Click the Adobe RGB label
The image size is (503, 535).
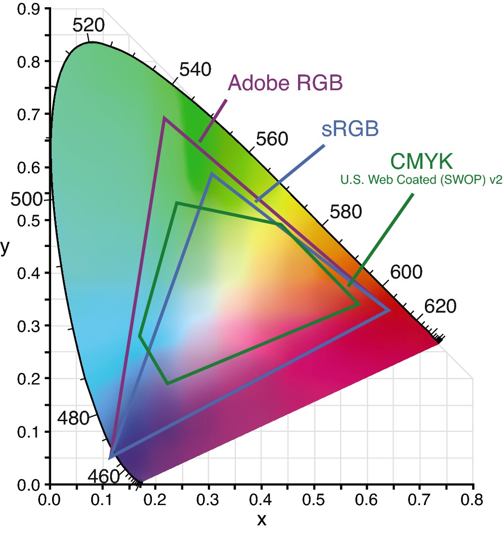(285, 83)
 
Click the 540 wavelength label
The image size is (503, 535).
(195, 70)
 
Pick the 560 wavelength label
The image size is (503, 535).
(272, 139)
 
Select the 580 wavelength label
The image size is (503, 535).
(345, 211)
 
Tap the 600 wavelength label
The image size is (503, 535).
(406, 272)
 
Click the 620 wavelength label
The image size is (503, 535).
(440, 306)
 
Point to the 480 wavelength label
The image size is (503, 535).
(73, 418)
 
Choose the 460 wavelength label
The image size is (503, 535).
(103, 476)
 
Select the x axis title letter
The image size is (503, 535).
(261, 519)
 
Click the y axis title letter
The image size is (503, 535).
(5, 247)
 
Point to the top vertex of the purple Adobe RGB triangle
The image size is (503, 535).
(164, 117)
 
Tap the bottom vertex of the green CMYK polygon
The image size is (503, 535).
(167, 384)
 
